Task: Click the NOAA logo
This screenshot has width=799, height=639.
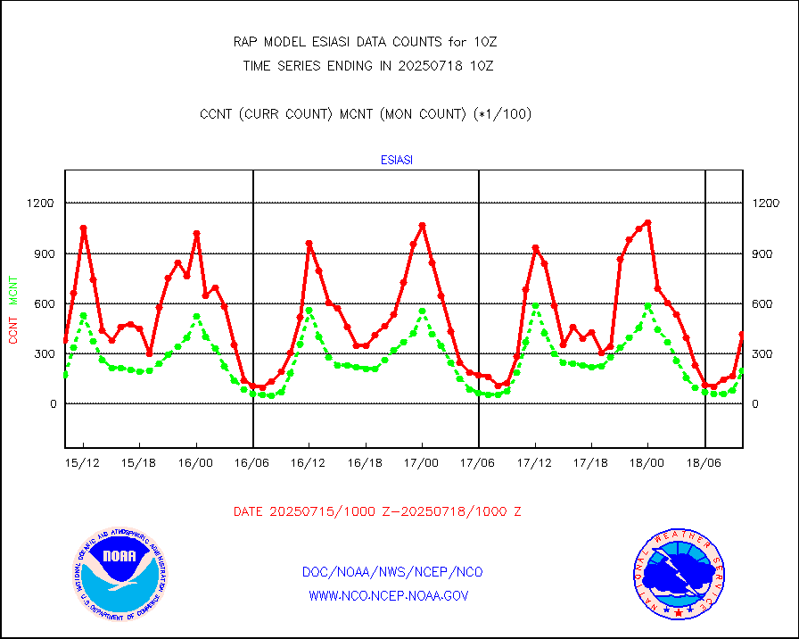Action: (x=119, y=573)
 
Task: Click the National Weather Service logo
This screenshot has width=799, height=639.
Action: (x=677, y=573)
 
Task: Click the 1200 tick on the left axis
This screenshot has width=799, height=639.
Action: (x=40, y=203)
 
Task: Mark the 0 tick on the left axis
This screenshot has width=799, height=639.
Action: (x=52, y=404)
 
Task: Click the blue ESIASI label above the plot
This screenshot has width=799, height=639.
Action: (x=397, y=161)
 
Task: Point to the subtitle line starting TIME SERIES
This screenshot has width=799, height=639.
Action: (x=367, y=65)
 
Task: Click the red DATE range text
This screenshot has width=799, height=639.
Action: (x=377, y=511)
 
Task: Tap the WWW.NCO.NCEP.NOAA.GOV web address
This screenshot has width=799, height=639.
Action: (x=388, y=595)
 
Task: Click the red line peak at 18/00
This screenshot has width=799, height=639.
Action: (x=647, y=222)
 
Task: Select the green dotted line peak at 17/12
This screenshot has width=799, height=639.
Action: (x=535, y=306)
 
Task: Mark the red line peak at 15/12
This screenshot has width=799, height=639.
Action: (x=83, y=228)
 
